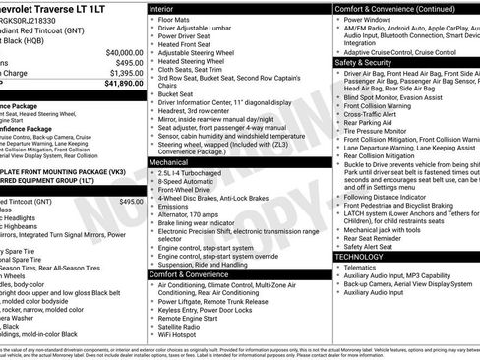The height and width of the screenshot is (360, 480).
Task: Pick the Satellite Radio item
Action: point(184,328)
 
